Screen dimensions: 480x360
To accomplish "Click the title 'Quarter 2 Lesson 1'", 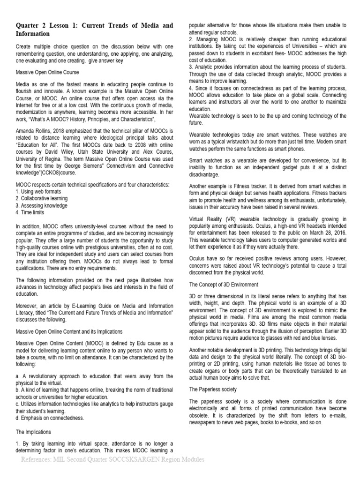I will (51, 25).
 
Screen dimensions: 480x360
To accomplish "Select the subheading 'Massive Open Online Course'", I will (47, 73).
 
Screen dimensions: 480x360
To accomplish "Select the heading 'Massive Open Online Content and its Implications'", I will (69, 331).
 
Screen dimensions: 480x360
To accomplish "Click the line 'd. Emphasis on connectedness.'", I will (50, 418).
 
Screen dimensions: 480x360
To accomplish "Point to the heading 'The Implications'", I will (34, 432).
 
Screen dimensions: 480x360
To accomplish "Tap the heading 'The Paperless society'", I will (213, 389).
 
